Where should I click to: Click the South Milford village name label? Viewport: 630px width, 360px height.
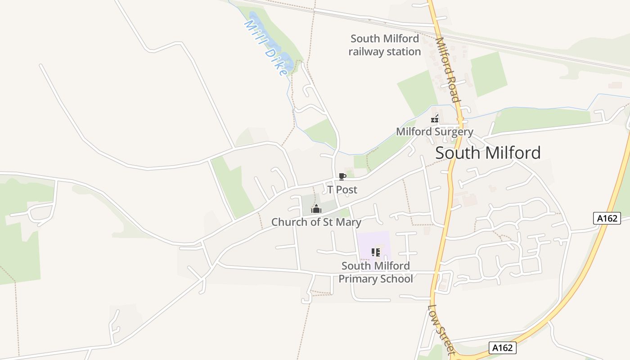(488, 153)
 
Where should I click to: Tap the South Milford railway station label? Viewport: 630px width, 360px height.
(385, 45)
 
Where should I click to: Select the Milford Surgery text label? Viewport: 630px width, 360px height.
(434, 132)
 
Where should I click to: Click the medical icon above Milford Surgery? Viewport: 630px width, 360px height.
(435, 119)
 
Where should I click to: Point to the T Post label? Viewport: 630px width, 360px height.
(342, 189)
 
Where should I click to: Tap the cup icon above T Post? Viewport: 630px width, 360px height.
(342, 176)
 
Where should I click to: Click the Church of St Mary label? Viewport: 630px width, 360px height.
(316, 222)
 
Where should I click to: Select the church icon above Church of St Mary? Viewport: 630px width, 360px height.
(316, 209)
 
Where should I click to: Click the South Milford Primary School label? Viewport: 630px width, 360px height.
(376, 272)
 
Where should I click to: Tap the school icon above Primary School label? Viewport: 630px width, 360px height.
(376, 252)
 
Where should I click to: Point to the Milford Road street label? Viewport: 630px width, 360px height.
(448, 70)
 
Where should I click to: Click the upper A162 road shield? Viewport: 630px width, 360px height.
(607, 219)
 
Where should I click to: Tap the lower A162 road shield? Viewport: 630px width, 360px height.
(502, 347)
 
